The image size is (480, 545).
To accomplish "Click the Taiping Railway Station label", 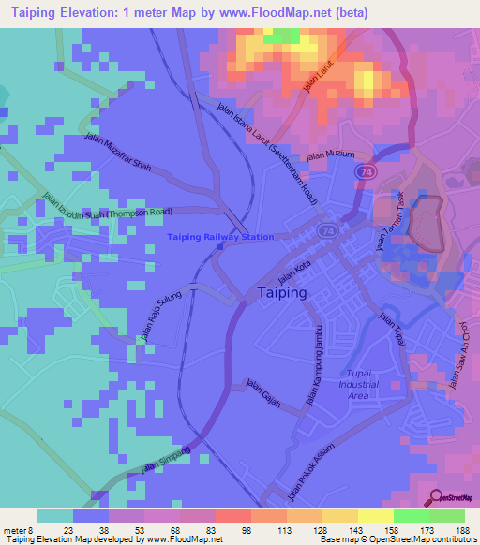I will coord(221,238).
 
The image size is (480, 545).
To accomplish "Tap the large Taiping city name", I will coord(281,293).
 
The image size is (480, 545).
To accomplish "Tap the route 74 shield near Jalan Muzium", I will coord(363,172).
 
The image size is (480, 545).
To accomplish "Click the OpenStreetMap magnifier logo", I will coord(434,499).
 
